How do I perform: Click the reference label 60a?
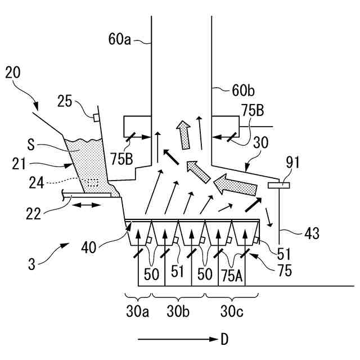tap(119, 39)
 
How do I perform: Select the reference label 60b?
tap(243, 91)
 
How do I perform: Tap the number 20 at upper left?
tap(13, 73)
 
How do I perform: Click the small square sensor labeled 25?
tap(96, 118)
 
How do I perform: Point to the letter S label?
tap(31, 145)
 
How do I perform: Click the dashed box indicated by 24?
tap(93, 183)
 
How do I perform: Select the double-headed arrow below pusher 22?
tap(87, 205)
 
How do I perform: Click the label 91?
tap(292, 163)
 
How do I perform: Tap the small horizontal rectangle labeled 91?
tap(279, 185)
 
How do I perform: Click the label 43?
tap(312, 234)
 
